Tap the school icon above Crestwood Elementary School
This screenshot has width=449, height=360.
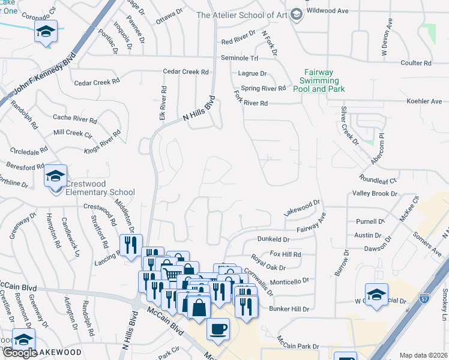55,176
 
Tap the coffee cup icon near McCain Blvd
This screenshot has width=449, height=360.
218,329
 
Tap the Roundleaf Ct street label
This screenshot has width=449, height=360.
378,179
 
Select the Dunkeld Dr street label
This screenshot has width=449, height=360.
273,239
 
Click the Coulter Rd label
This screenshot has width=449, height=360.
415,63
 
